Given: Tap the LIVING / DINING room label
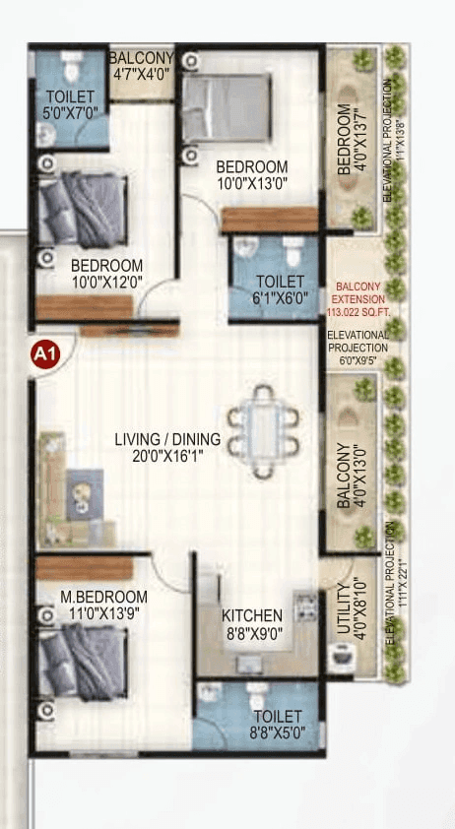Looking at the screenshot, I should (x=166, y=440).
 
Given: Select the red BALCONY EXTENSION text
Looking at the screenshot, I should (x=358, y=289).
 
